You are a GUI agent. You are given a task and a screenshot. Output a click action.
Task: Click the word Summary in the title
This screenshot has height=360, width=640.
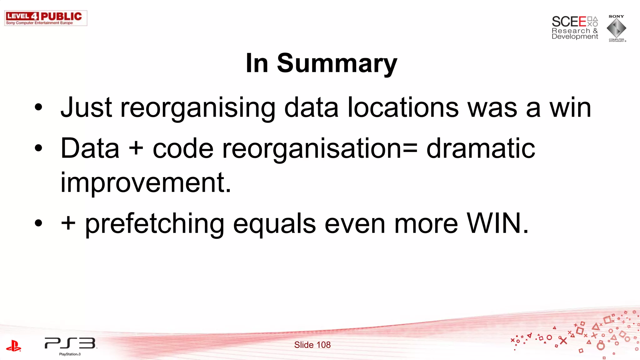coord(337,64)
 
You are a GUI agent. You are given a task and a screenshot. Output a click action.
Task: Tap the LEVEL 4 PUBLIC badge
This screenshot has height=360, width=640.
coord(46,18)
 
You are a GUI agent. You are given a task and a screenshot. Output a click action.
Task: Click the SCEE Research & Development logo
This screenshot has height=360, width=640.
coord(575,28)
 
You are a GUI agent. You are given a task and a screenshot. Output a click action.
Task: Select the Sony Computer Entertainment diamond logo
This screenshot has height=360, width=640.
coord(616,28)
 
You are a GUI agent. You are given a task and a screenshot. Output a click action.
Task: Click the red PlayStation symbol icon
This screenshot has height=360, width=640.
coord(13,346)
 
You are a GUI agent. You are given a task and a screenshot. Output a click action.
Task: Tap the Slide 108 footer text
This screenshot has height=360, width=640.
coord(312,345)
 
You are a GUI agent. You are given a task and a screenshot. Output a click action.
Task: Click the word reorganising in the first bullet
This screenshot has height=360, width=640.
coord(198,108)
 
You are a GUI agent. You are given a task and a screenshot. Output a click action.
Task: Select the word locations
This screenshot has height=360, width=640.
coord(403,108)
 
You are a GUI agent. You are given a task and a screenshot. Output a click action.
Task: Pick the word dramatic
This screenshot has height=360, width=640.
coord(481,148)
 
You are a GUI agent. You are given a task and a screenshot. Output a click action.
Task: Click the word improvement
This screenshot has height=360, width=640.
coord(146,182)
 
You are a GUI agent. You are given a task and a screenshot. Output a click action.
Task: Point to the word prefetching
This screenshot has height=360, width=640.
coord(155,224)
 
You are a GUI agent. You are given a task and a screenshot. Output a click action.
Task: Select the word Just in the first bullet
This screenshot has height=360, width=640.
coord(87,108)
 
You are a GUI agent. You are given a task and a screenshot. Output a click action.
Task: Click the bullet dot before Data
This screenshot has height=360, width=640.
coord(38,148)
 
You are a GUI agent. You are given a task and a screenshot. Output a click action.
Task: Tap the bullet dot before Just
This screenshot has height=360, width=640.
coord(38,107)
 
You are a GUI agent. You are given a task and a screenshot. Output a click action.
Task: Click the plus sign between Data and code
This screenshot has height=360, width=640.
coord(136,148)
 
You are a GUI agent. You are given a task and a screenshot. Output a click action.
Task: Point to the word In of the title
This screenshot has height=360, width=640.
coord(257,64)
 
